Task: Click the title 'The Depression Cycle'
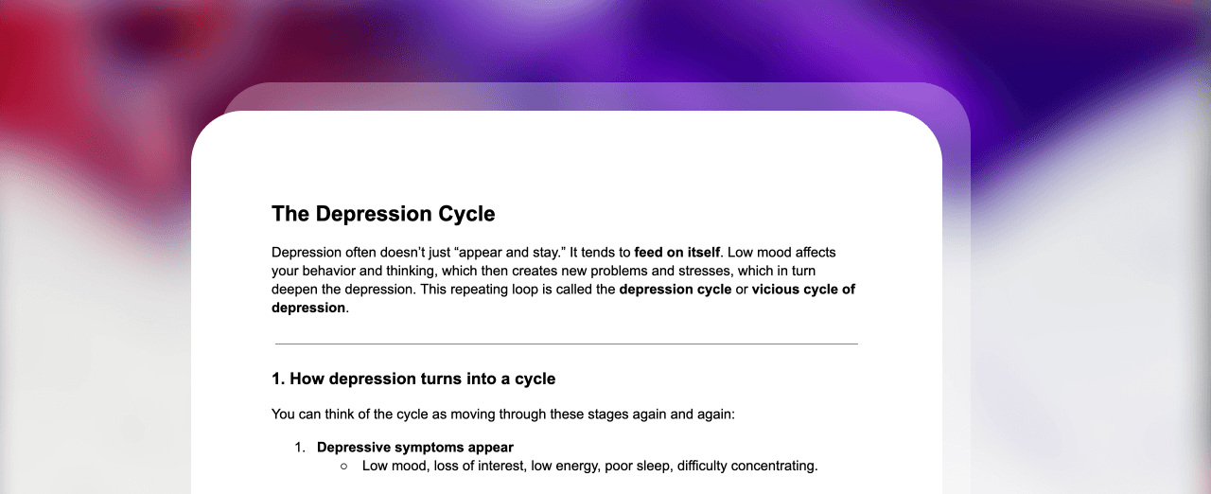coord(383,214)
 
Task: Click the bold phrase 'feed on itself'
coord(676,253)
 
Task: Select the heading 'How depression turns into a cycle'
coord(422,379)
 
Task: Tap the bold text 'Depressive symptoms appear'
coord(415,448)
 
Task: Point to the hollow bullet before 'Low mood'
coord(343,467)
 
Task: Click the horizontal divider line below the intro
coord(566,344)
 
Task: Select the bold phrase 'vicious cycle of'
coord(803,290)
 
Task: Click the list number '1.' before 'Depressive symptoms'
coord(300,448)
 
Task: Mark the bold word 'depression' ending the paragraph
coord(308,308)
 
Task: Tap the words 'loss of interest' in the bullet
coord(479,466)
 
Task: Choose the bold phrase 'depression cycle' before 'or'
coord(676,290)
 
